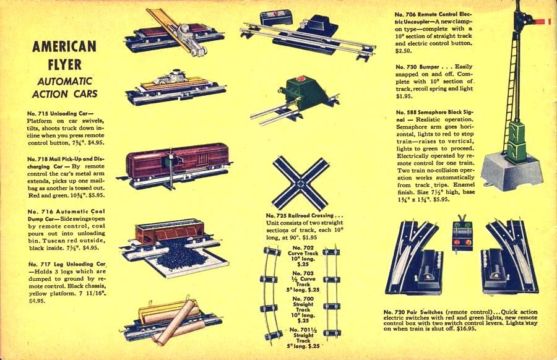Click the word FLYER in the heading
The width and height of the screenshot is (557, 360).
click(64, 64)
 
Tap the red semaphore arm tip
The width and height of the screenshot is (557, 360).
click(548, 22)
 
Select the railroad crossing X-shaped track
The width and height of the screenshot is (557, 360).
click(301, 184)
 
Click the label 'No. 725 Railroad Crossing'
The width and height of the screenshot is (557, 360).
click(300, 215)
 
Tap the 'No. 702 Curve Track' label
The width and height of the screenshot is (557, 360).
click(303, 251)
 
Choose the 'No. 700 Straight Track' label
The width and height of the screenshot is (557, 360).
click(303, 304)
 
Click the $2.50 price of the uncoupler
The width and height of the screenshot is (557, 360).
click(403, 51)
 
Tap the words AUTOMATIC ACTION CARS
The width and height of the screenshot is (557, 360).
click(64, 88)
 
